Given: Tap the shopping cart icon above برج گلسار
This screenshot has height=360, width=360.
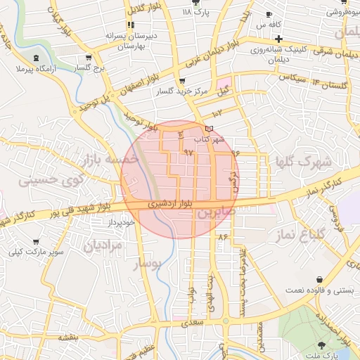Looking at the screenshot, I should click(x=88, y=58).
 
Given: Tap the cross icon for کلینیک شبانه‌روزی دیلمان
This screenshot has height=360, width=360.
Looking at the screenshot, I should click(x=279, y=38).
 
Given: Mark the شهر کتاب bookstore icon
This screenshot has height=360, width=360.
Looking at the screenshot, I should click(x=208, y=129).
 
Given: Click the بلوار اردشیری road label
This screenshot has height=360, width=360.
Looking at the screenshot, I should click(x=168, y=204).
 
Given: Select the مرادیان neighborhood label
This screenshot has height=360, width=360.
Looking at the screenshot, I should click(x=103, y=245).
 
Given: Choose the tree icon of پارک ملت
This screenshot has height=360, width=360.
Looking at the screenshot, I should click(x=322, y=345).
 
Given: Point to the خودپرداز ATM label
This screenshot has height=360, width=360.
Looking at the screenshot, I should click(x=121, y=222).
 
